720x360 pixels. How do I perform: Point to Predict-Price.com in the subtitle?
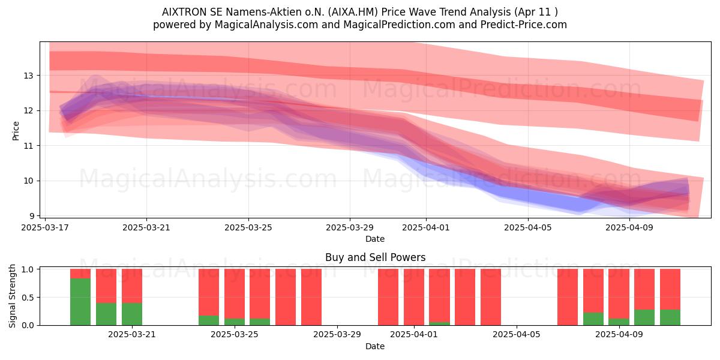524,25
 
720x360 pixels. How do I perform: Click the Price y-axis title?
16,131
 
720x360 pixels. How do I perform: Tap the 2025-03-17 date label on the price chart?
45,227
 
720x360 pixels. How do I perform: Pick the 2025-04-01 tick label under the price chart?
426,227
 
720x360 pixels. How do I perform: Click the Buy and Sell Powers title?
375,257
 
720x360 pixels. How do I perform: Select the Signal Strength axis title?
12,296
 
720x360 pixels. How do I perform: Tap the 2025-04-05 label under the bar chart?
517,335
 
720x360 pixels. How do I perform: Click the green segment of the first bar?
80,302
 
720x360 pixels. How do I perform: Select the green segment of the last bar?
670,317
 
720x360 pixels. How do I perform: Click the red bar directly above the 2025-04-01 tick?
413,297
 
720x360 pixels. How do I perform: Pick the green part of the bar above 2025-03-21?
132,314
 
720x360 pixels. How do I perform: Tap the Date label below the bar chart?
375,346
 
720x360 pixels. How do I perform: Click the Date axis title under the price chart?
375,239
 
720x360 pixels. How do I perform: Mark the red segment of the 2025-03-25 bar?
235,294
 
